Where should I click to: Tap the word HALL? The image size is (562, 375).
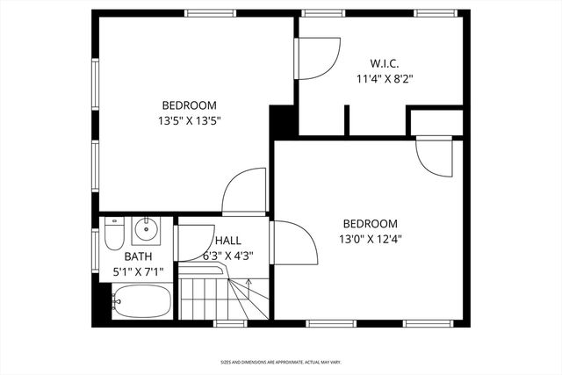click(228, 241)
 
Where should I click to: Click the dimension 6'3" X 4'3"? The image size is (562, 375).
click(228, 256)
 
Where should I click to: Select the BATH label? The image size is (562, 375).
click(137, 256)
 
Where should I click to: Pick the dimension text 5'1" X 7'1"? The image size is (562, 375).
click(137, 272)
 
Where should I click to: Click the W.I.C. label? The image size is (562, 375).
click(384, 63)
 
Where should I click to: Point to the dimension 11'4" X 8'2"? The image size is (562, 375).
click(384, 78)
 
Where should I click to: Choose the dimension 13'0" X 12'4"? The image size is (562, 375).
click(370, 238)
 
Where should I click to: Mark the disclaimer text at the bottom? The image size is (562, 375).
click(280, 362)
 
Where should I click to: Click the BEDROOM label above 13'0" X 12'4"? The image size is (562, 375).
click(370, 223)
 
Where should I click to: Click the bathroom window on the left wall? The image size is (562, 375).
click(95, 249)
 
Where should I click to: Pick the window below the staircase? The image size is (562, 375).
click(228, 323)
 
